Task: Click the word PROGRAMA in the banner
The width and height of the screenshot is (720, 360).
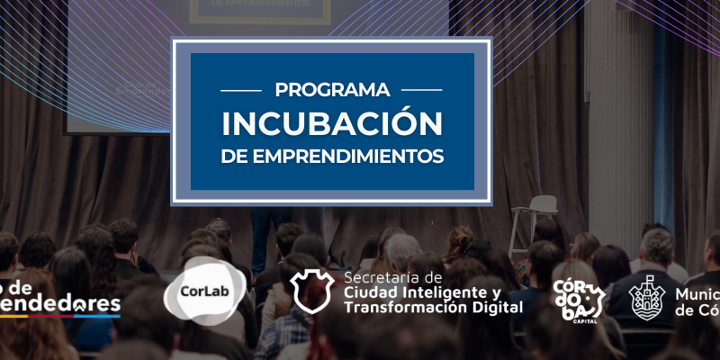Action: tap(332, 90)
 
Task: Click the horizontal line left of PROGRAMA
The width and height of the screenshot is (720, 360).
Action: tap(241, 90)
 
